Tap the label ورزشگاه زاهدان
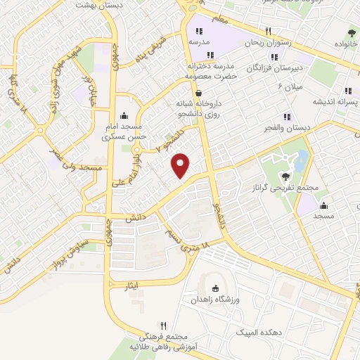tap(216, 300)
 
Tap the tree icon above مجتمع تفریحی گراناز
tap(285, 176)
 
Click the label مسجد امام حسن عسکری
tap(124, 132)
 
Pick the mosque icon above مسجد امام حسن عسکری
tap(124, 116)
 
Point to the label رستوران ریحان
tap(267, 43)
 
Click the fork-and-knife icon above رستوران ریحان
tap(268, 31)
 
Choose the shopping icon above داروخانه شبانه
tap(199, 93)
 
